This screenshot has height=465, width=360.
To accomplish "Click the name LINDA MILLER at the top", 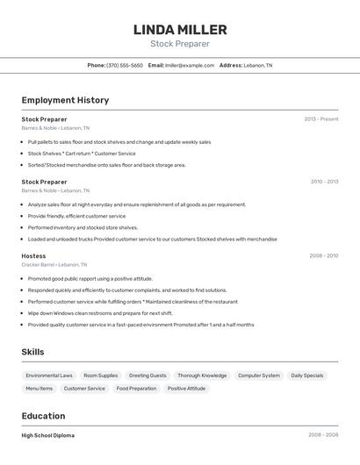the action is click(180, 30).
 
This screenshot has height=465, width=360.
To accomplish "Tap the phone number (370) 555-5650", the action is click(125, 65).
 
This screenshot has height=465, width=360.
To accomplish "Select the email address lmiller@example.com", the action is click(190, 65).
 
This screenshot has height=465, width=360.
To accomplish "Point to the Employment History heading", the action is click(65, 100).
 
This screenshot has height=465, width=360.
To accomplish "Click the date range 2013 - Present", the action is click(321, 118).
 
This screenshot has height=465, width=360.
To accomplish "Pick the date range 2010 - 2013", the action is click(324, 182).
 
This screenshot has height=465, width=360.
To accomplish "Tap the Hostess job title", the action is click(33, 255).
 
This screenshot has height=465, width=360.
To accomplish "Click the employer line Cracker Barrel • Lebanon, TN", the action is click(54, 264).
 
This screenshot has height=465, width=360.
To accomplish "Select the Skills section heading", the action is click(33, 352).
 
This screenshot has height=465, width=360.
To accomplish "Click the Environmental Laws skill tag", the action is click(49, 376).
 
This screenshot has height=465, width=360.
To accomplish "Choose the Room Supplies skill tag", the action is click(100, 376).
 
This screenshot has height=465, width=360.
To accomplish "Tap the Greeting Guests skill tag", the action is click(148, 376).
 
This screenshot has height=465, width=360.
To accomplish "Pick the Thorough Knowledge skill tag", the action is click(202, 376).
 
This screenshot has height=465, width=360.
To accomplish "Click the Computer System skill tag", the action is click(259, 376).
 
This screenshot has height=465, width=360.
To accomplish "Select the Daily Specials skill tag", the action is click(307, 376).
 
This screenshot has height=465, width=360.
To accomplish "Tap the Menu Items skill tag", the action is click(39, 388).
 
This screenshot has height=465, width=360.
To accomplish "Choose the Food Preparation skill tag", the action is click(136, 388).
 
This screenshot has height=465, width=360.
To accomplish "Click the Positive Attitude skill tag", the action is click(186, 388).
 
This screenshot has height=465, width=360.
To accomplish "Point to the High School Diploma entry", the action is click(48, 435).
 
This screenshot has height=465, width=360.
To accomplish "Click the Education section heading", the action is click(43, 416).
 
